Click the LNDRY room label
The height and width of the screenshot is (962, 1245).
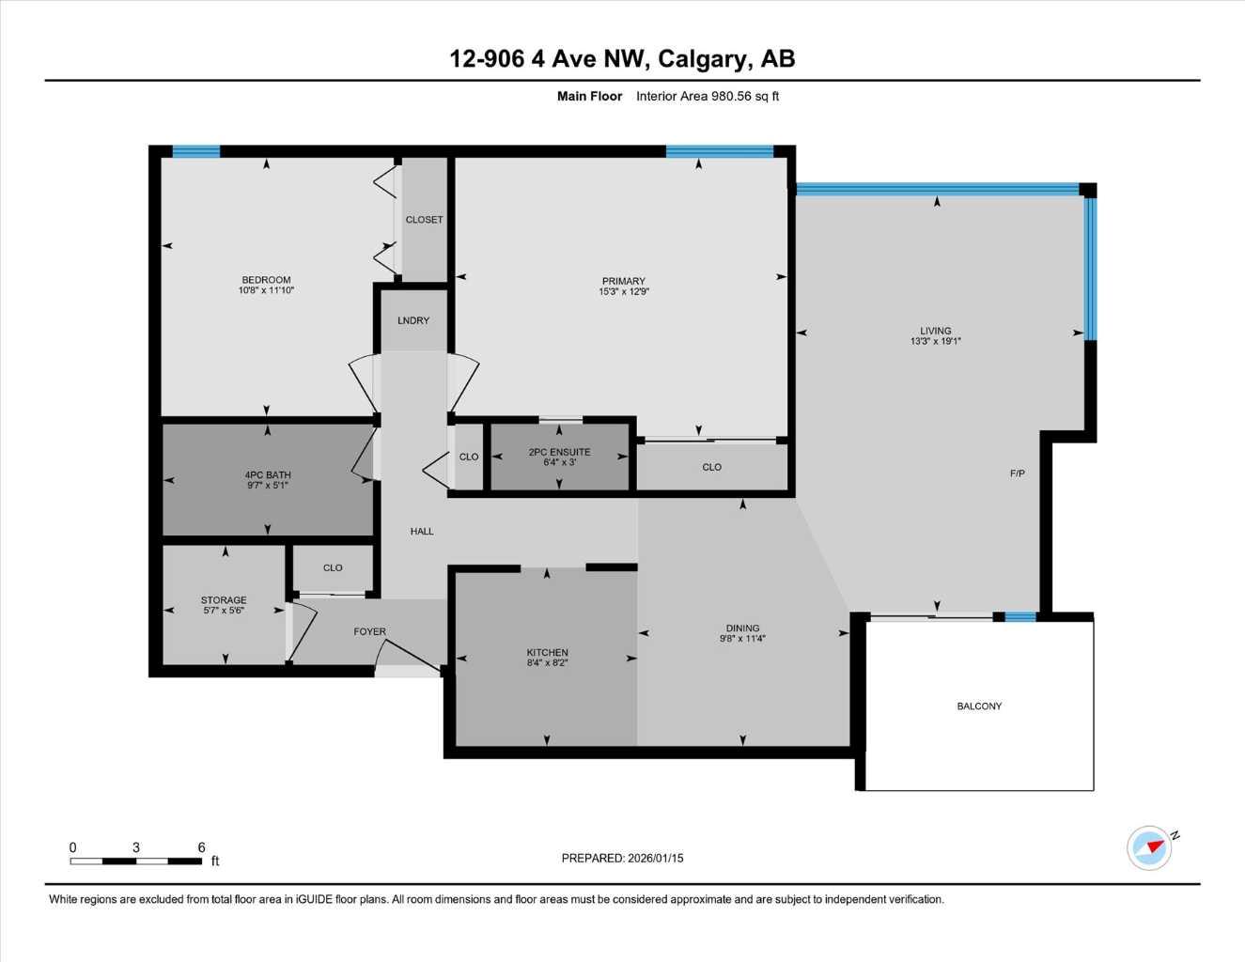(413, 320)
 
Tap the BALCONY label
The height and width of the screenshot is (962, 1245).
(979, 706)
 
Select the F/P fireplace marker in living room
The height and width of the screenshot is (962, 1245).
(1017, 473)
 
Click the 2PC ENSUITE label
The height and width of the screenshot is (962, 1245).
(559, 452)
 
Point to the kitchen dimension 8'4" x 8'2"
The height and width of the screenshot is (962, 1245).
(547, 663)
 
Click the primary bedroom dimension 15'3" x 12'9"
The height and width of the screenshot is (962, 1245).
(624, 292)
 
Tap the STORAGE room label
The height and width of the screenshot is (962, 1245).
(224, 600)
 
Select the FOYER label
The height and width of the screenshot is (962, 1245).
(369, 632)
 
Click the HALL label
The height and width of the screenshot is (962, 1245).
(422, 532)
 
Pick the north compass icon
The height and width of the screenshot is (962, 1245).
(1150, 847)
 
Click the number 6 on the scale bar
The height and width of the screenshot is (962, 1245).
(201, 847)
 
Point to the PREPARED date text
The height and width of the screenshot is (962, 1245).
(622, 859)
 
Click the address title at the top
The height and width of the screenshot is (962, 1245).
(622, 58)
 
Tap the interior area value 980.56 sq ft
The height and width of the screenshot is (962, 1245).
(708, 96)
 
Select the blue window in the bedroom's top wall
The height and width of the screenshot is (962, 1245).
(195, 151)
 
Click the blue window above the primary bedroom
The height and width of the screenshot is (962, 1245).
(720, 151)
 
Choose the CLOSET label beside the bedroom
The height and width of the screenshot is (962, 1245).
(424, 220)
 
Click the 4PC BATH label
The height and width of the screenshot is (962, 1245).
(267, 475)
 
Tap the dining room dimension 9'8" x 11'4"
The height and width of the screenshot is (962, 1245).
(742, 639)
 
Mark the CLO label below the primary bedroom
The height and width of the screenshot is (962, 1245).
(711, 467)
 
